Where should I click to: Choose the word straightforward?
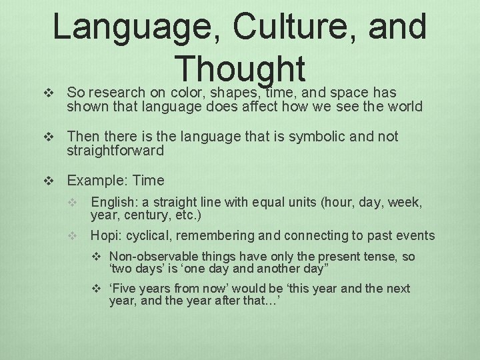tap(115, 151)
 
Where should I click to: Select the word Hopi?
tap(105, 235)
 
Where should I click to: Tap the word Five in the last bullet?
tap(125, 288)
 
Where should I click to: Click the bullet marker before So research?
tap(47, 93)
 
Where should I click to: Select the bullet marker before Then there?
tap(47, 137)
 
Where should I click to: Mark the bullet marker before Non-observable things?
tap(97, 257)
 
